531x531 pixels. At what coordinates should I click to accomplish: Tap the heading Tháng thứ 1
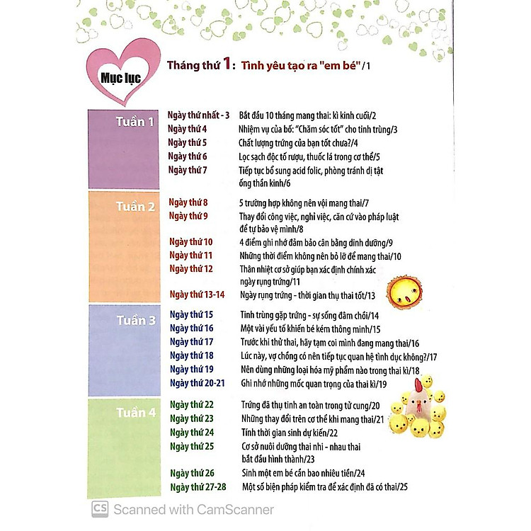pyautogui.click(x=198, y=66)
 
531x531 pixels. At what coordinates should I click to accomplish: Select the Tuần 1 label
pyautogui.click(x=135, y=122)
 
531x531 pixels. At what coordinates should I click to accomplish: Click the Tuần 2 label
pyautogui.click(x=135, y=207)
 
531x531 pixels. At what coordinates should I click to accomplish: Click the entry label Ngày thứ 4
pyautogui.click(x=188, y=129)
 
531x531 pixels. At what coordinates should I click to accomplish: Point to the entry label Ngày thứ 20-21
pyautogui.click(x=198, y=383)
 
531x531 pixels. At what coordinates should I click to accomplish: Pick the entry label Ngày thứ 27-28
pyautogui.click(x=198, y=486)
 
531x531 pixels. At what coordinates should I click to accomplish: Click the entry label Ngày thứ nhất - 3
pyautogui.click(x=199, y=115)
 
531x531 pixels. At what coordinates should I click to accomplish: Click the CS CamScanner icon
pyautogui.click(x=100, y=509)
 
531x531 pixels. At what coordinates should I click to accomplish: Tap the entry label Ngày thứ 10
pyautogui.click(x=190, y=242)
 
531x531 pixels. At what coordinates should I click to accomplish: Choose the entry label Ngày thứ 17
pyautogui.click(x=191, y=341)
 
